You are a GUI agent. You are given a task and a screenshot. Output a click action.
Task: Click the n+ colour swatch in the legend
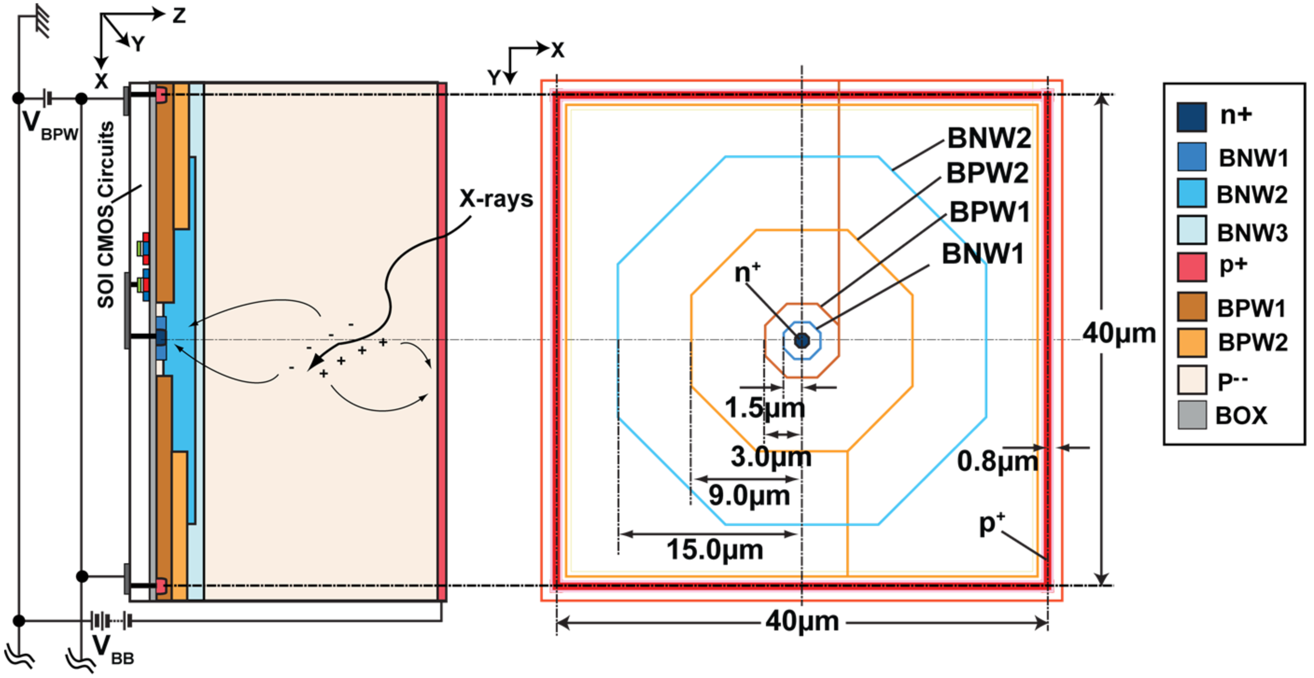[1192, 117]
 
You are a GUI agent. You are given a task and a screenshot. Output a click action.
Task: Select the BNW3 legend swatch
[1192, 230]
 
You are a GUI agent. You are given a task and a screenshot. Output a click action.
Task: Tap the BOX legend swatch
[1192, 415]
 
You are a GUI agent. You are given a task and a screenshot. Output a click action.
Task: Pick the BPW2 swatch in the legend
[1192, 342]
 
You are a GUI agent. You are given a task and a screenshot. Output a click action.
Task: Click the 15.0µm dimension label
[715, 550]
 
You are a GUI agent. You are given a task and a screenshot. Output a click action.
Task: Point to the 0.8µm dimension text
[997, 461]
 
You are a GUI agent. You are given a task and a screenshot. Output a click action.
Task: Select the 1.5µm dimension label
[765, 408]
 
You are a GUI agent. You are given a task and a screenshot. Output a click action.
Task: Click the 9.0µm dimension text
[749, 495]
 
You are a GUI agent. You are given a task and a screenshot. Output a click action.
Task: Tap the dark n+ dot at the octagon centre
[802, 341]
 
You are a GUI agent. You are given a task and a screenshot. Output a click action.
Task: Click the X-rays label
[496, 198]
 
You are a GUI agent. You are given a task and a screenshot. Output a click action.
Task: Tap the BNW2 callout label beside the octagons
[989, 138]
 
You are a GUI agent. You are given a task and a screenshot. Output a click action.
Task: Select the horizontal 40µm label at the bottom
[802, 622]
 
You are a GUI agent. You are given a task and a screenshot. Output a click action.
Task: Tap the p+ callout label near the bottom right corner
[991, 524]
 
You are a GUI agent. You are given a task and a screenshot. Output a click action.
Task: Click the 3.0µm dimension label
[771, 456]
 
